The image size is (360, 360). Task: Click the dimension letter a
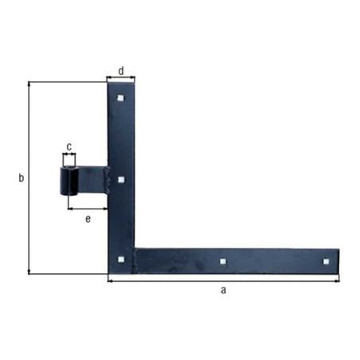click(224, 290)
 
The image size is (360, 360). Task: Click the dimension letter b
click(22, 178)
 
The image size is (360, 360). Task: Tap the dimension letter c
click(69, 147)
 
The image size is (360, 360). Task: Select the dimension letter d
click(121, 71)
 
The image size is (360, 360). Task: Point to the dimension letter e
click(88, 219)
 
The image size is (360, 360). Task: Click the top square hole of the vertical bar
click(121, 98)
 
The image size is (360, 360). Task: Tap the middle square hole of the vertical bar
click(121, 180)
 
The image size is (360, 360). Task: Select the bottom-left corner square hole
click(121, 260)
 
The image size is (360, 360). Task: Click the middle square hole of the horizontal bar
click(223, 261)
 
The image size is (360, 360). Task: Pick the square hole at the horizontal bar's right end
click(326, 262)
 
